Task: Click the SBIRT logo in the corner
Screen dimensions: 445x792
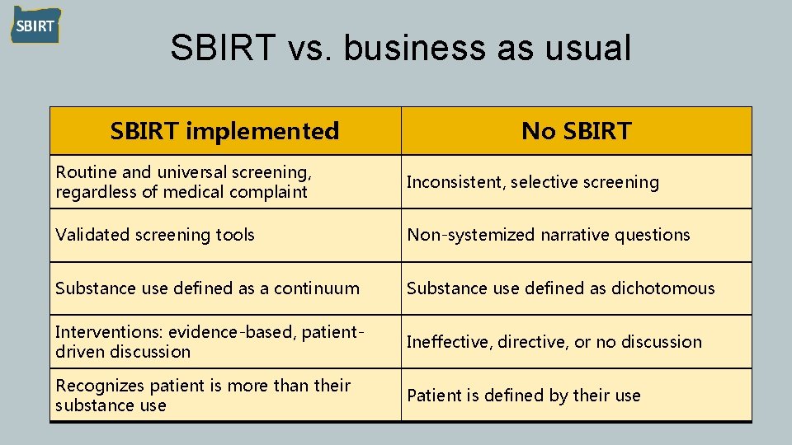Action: click(x=35, y=26)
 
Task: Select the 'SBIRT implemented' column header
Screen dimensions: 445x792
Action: click(x=224, y=130)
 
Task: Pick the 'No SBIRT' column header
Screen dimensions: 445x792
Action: click(x=576, y=130)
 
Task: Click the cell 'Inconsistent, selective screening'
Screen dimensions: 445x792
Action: click(x=533, y=182)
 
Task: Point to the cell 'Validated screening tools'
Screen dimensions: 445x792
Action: click(x=155, y=235)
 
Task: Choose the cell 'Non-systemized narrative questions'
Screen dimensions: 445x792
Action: click(x=548, y=235)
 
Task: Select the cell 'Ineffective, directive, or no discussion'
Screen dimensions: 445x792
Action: click(x=554, y=342)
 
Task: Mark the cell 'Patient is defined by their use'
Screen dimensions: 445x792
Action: click(x=523, y=396)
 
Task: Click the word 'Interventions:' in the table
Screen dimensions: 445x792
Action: click(x=109, y=332)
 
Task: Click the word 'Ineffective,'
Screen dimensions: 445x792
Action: click(x=450, y=342)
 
